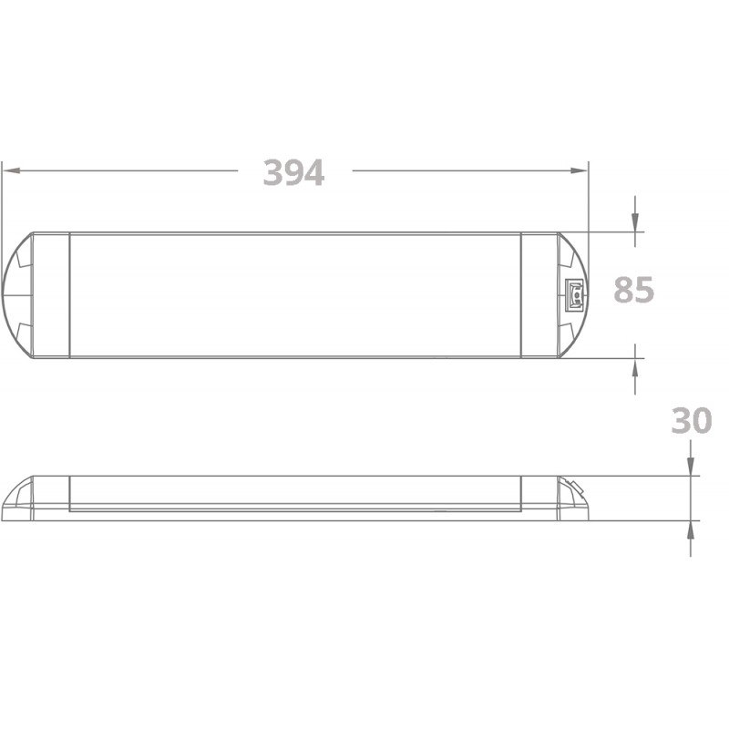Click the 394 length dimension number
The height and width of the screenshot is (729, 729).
click(293, 172)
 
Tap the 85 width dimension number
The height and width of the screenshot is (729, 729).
click(634, 291)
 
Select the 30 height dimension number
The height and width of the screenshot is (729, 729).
click(691, 421)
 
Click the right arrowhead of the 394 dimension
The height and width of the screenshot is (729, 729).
click(581, 170)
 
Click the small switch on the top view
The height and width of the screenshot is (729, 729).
click(575, 294)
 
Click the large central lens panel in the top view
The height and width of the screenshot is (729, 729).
click(294, 294)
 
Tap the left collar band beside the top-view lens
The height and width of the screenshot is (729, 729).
click(52, 294)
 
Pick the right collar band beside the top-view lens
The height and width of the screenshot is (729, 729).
click(539, 294)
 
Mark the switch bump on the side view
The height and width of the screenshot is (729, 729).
click(574, 488)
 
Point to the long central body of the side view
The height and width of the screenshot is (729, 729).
click(294, 497)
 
